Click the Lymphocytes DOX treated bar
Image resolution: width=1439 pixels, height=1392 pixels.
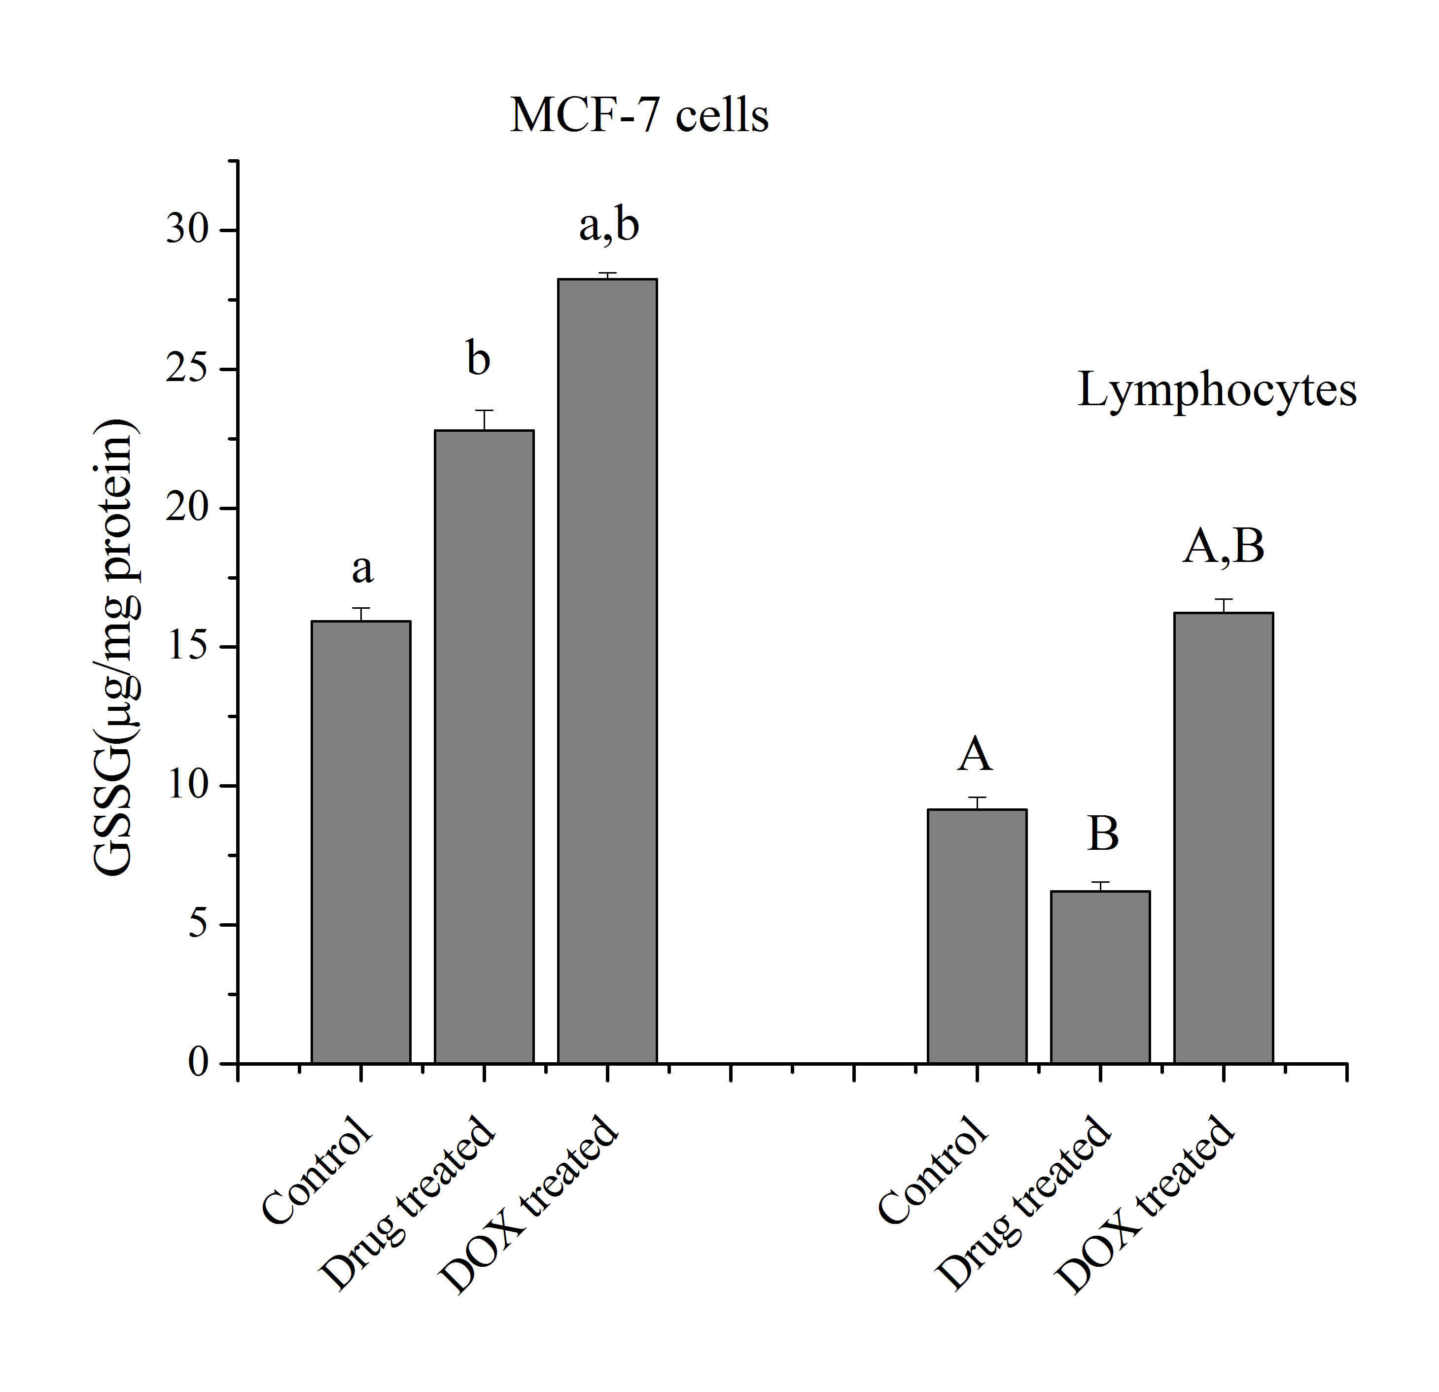(1223, 837)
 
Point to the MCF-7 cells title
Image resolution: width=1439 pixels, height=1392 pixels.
(639, 116)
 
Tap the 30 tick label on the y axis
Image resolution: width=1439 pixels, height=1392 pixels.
(187, 230)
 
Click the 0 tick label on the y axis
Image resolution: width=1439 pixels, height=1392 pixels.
(198, 1062)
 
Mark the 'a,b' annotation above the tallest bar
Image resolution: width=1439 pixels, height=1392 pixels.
(609, 225)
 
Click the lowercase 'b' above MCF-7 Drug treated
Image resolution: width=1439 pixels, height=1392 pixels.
(479, 359)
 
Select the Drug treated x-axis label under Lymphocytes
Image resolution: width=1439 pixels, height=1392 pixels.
(1024, 1204)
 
